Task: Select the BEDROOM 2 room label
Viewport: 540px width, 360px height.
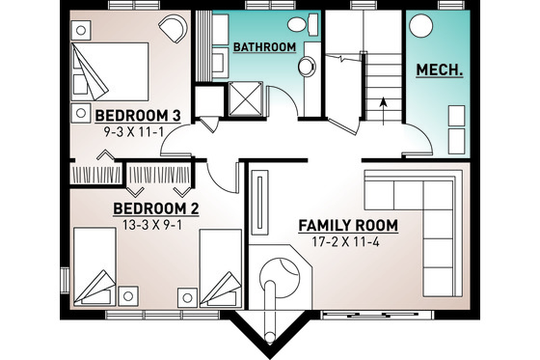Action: click(x=156, y=208)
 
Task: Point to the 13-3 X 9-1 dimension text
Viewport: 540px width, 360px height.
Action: click(x=156, y=226)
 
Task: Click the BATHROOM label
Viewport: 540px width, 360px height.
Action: click(x=264, y=46)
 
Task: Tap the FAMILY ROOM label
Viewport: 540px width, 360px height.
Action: click(x=348, y=225)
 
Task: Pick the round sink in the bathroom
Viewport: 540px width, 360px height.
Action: click(x=306, y=67)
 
